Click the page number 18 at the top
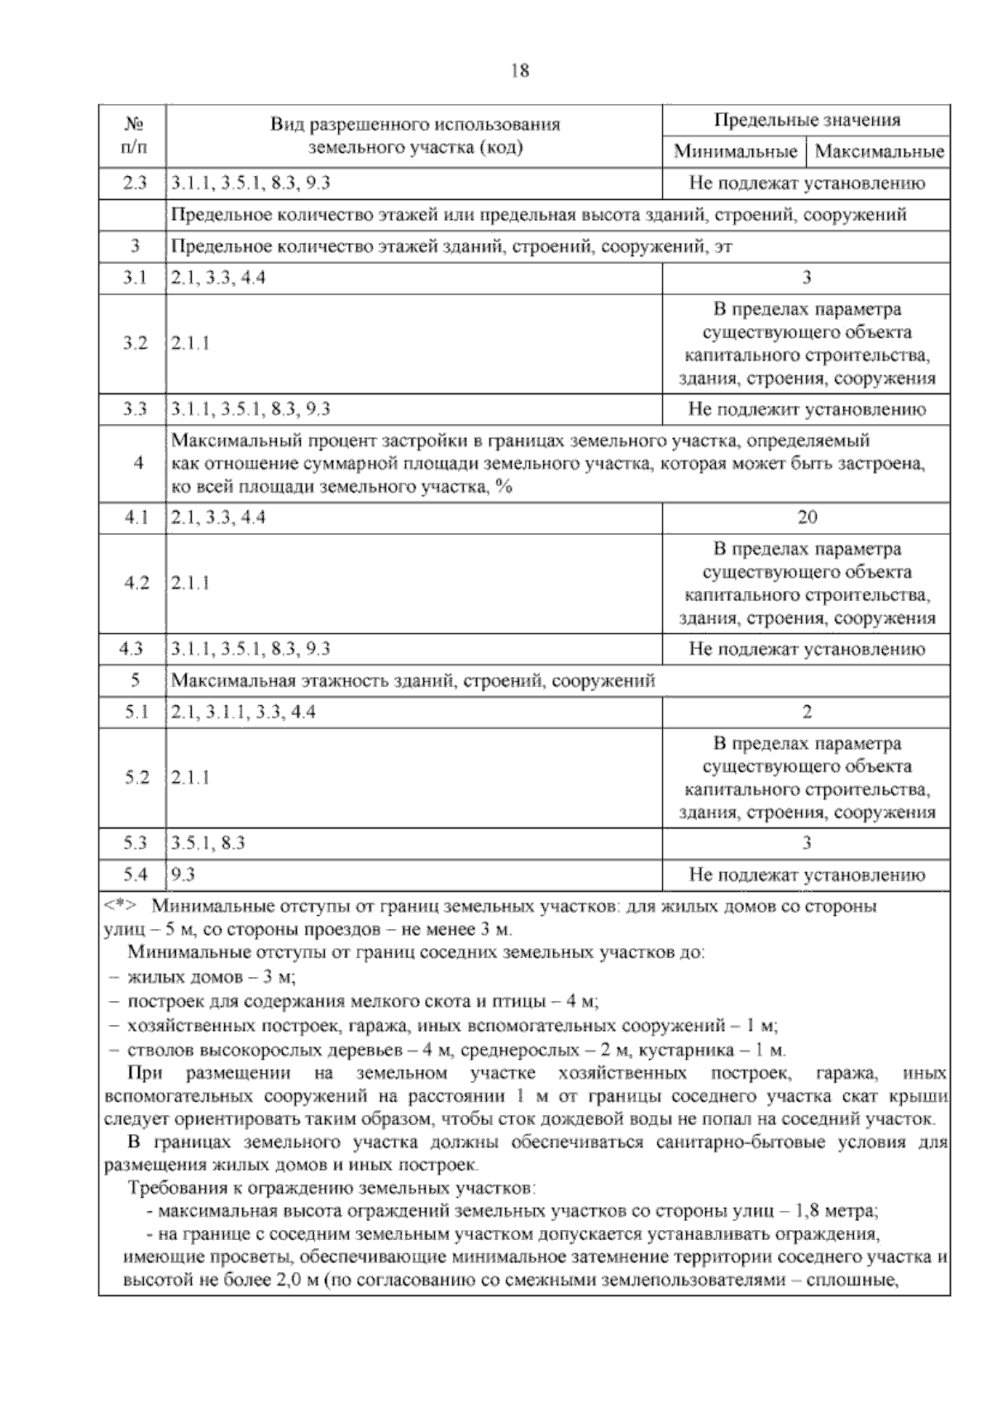point(520,71)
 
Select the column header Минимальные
point(735,152)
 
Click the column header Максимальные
point(880,152)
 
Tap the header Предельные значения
point(806,121)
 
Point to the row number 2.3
point(134,184)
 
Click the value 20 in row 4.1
point(807,517)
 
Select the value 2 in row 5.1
point(807,712)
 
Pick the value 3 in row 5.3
point(807,843)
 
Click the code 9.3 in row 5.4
point(183,875)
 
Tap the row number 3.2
point(134,344)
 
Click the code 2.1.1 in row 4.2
point(190,583)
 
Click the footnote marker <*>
point(121,905)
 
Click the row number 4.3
point(132,649)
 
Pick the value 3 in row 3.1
point(807,278)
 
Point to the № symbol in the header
point(134,126)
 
